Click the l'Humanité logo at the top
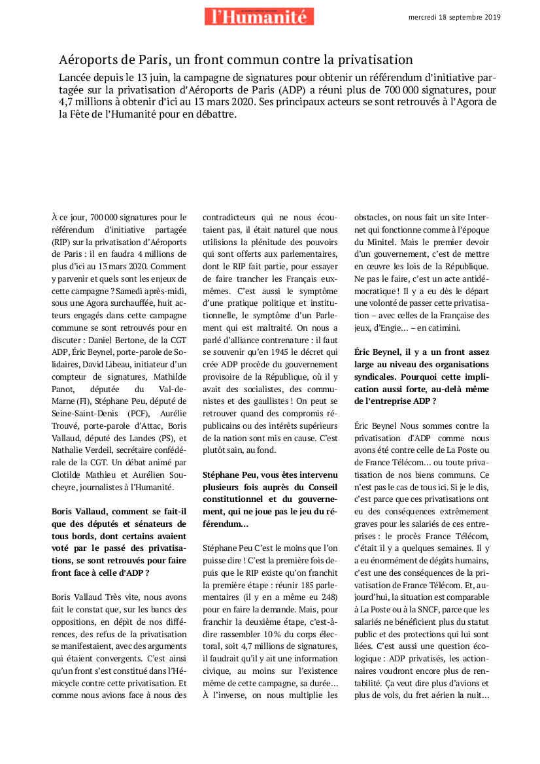click(258, 16)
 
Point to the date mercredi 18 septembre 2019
click(454, 17)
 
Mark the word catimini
click(462, 327)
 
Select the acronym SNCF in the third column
click(428, 610)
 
